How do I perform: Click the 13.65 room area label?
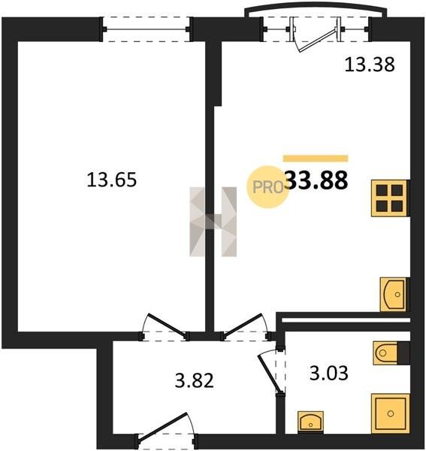[x=112, y=180]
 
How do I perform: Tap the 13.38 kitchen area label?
[x=370, y=64]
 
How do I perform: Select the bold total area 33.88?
[x=317, y=180]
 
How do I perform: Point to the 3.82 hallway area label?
[x=195, y=380]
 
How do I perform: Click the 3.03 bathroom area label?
[x=329, y=373]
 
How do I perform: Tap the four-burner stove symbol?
[x=389, y=198]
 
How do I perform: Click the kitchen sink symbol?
[x=394, y=294]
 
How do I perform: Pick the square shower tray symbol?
[x=391, y=413]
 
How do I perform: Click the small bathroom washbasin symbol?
[x=310, y=422]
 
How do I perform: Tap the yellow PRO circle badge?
[x=267, y=187]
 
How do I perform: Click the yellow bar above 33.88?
[x=316, y=159]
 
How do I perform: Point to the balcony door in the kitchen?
[x=316, y=34]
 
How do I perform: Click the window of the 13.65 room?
[x=146, y=29]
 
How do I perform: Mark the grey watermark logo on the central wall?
[x=213, y=222]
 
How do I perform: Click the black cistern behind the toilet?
[x=403, y=353]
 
